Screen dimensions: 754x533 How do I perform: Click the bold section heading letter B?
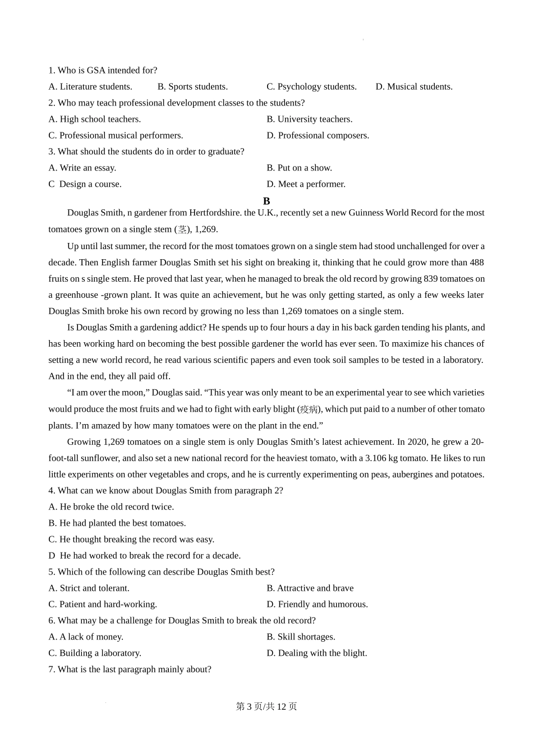tap(266, 201)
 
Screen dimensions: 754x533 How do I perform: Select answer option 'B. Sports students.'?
tap(192, 86)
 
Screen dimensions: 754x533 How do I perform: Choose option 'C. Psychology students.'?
tap(311, 86)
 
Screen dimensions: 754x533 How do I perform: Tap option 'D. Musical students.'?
tap(414, 86)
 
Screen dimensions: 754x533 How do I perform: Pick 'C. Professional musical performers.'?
tap(116, 135)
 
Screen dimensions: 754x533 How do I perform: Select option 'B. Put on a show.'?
tap(299, 168)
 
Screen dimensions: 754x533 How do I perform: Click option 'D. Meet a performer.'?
tap(306, 184)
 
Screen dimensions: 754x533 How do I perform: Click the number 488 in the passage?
tap(476, 263)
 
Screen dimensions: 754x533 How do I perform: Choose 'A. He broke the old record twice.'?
tap(111, 507)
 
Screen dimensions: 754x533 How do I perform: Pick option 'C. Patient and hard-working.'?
tap(103, 604)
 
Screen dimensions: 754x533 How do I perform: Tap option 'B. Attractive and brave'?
tap(310, 588)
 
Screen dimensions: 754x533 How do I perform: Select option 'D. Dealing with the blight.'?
tap(316, 653)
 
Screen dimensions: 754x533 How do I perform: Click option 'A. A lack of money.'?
tap(86, 637)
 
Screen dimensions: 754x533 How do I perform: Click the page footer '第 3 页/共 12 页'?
tap(266, 706)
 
